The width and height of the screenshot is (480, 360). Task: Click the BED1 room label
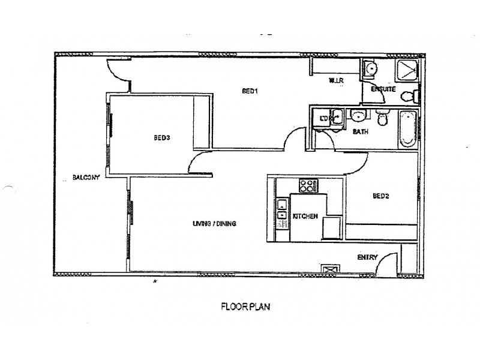point(250,92)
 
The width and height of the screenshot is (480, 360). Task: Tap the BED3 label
point(162,137)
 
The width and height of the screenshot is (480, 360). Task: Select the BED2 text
point(382,196)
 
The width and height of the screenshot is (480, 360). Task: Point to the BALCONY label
point(86,178)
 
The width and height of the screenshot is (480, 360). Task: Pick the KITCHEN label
point(305,217)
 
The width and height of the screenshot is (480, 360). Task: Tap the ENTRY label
point(367,257)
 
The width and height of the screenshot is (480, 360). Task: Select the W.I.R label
point(335,80)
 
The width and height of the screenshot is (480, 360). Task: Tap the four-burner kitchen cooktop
point(308,185)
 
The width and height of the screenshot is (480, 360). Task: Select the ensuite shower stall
point(409,71)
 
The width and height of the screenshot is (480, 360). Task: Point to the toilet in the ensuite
point(410,96)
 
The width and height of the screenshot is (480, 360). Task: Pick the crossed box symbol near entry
point(329,271)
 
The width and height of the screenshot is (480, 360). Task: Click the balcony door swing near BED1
point(117,71)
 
